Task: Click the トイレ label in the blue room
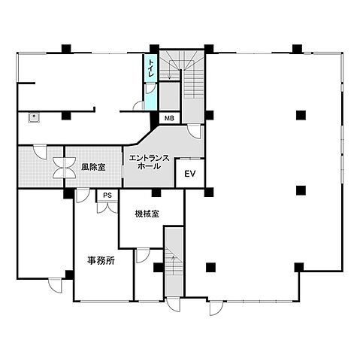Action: click(x=151, y=68)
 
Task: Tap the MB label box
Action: click(x=169, y=118)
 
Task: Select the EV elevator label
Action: click(x=190, y=174)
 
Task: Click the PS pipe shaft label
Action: click(x=107, y=196)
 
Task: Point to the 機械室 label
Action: click(x=147, y=214)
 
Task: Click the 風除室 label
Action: click(x=93, y=167)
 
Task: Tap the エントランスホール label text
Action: click(x=149, y=162)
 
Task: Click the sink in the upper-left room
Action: click(x=34, y=117)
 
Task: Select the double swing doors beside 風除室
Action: click(x=65, y=168)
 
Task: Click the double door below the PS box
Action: click(x=107, y=208)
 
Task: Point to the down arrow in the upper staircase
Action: click(x=170, y=70)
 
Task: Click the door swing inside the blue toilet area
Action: click(x=150, y=88)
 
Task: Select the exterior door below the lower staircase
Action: click(x=174, y=304)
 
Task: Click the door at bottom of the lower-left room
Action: click(x=55, y=285)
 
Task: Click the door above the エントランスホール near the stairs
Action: click(x=195, y=132)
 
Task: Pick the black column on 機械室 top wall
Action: click(x=156, y=193)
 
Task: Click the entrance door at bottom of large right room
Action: click(x=216, y=308)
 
